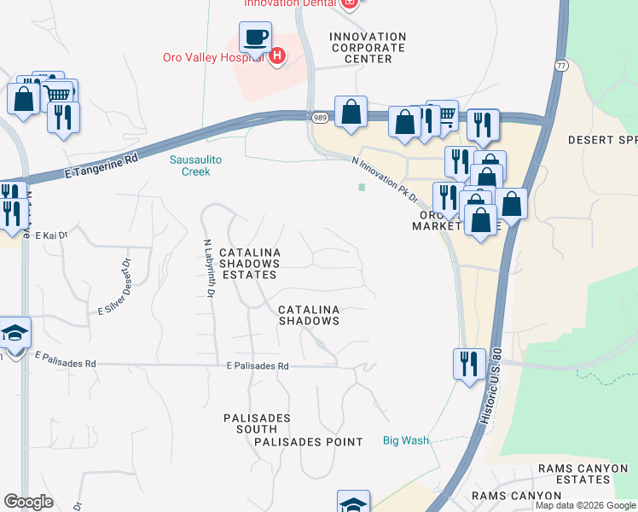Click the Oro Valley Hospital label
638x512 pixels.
pyautogui.click(x=213, y=58)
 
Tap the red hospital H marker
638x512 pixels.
pyautogui.click(x=276, y=57)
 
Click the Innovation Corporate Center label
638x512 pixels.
pyautogui.click(x=368, y=48)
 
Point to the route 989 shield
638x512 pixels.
pyautogui.click(x=319, y=117)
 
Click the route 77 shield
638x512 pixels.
pyautogui.click(x=560, y=65)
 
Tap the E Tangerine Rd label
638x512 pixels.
pyautogui.click(x=101, y=166)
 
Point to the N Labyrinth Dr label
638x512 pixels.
pyautogui.click(x=207, y=267)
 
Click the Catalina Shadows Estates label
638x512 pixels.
pyautogui.click(x=248, y=264)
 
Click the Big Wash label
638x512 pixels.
pyautogui.click(x=405, y=441)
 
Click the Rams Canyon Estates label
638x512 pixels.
pyautogui.click(x=583, y=474)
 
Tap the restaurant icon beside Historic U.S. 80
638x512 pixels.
pyautogui.click(x=469, y=364)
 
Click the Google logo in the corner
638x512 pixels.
pyautogui.click(x=28, y=502)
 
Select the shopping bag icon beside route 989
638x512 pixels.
pyautogui.click(x=351, y=112)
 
